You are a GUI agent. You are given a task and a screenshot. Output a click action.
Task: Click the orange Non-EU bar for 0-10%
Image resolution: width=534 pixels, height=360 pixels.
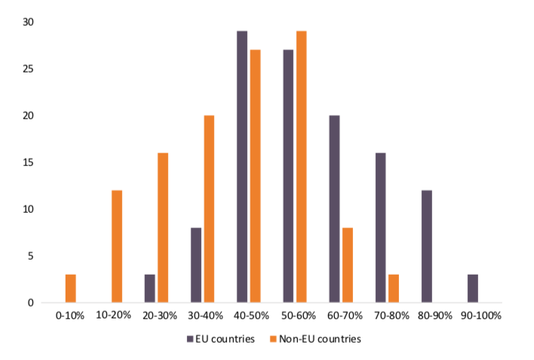tap(71, 289)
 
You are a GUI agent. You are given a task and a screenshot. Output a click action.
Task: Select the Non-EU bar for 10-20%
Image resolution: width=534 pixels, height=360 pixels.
tap(117, 247)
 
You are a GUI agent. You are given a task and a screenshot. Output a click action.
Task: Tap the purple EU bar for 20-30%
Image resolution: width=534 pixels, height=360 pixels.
tap(150, 289)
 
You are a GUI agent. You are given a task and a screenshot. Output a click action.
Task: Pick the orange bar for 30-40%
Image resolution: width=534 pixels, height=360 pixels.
tap(209, 209)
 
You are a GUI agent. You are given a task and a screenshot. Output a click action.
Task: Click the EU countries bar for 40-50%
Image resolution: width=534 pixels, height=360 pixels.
tap(242, 167)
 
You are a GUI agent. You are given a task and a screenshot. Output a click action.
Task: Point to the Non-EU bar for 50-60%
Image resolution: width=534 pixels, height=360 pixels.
tap(302, 167)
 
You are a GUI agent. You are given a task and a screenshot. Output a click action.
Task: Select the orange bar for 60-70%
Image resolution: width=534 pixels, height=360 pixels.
tap(348, 266)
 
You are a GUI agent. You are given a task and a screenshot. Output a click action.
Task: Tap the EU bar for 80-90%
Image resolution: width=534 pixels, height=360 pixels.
tap(427, 247)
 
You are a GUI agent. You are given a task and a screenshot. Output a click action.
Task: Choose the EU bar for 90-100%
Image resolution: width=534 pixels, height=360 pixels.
tap(473, 289)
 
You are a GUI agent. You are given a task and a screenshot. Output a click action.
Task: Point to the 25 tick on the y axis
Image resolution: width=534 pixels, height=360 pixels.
tap(28, 69)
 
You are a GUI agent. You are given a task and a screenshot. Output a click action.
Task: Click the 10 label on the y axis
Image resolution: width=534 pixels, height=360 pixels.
tap(28, 209)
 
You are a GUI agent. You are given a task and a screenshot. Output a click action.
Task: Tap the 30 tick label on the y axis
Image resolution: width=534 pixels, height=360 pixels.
tap(28, 23)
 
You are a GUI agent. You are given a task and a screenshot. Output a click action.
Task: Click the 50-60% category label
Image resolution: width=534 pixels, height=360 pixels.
tap(295, 315)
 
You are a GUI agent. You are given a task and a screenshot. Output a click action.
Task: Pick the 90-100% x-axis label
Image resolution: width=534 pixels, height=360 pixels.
tap(480, 315)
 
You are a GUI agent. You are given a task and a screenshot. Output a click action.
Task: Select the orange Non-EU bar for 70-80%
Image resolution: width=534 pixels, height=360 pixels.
tap(394, 289)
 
